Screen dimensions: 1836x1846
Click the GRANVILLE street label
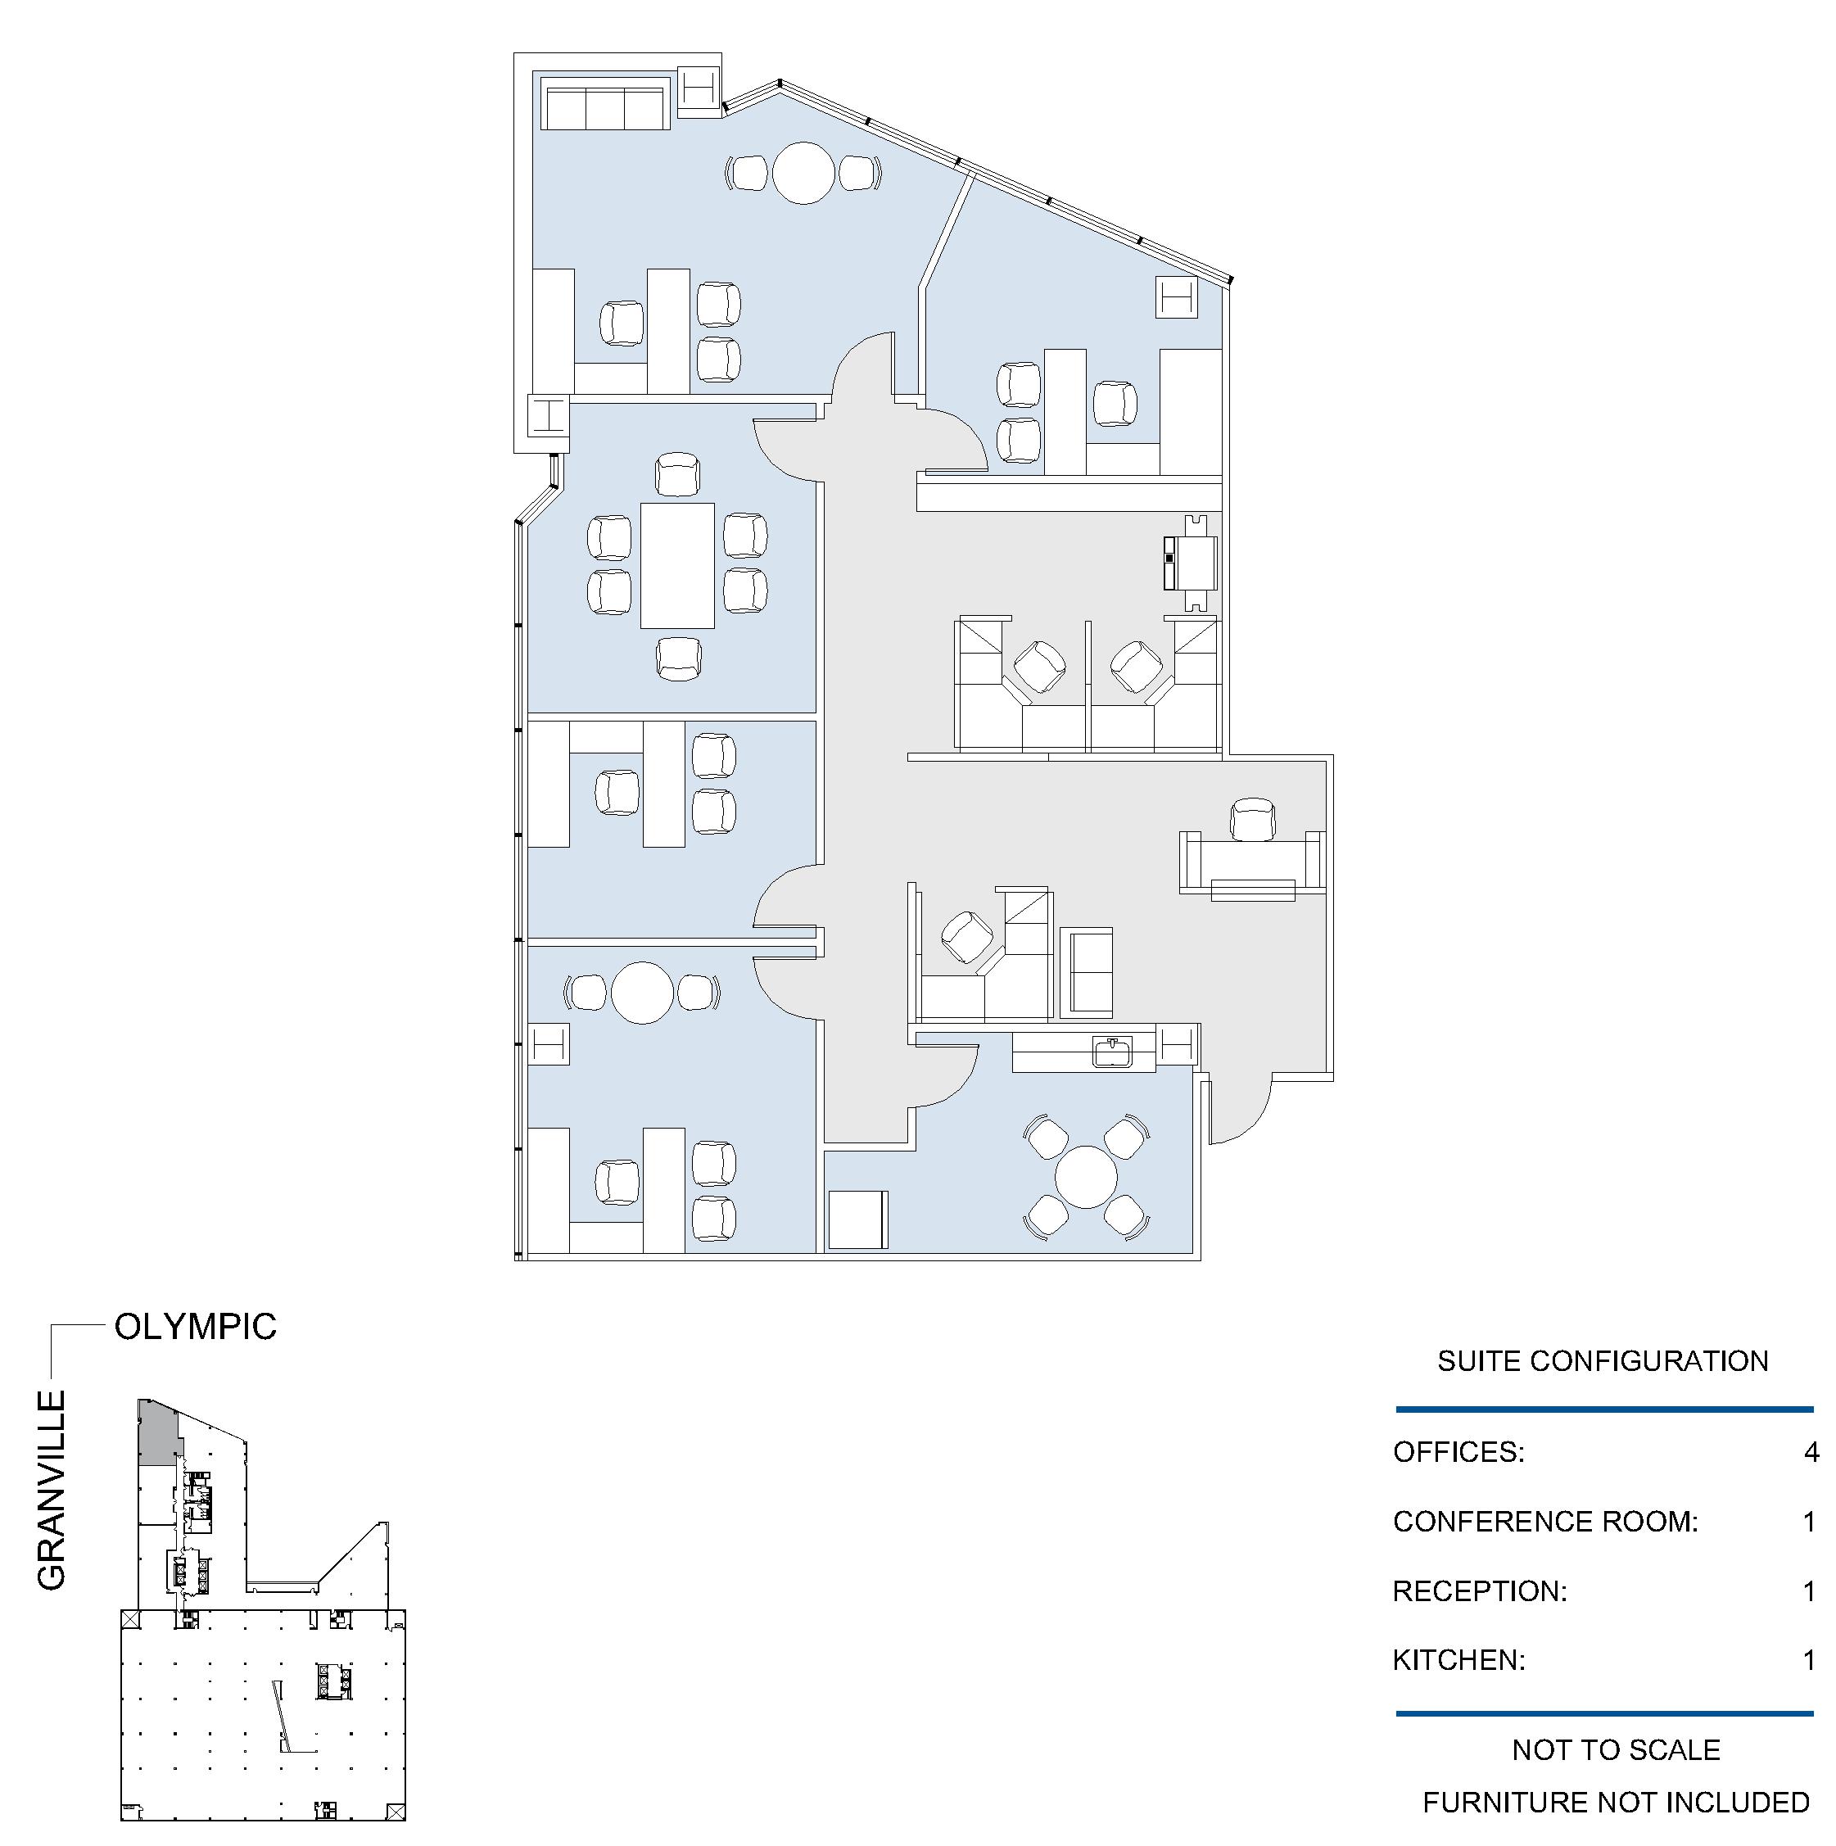click(52, 1491)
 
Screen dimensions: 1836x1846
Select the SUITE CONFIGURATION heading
click(1603, 1360)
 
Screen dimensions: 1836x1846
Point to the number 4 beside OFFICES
click(1811, 1452)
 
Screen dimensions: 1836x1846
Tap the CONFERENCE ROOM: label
click(1545, 1521)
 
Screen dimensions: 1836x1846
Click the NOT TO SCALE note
click(1617, 1749)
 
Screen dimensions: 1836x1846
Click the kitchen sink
click(1113, 1052)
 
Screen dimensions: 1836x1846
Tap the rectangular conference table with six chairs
click(677, 566)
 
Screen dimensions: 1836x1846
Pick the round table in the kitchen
click(1086, 1177)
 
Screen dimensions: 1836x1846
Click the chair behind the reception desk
click(1253, 820)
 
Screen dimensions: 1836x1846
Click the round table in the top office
click(803, 173)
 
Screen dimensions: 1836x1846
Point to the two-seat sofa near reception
click(1086, 973)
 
